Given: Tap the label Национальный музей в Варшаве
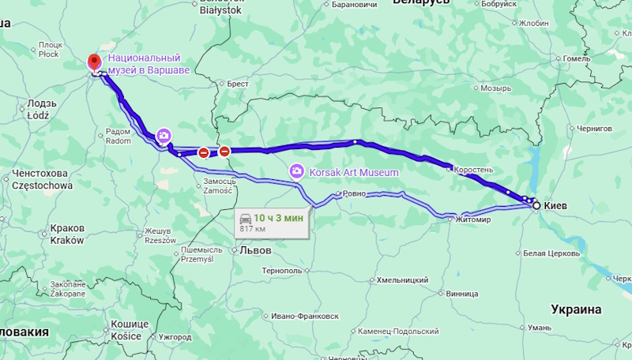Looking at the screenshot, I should coord(149,64).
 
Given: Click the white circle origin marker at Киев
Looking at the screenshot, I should coord(536,205).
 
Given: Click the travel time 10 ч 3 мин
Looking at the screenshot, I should coord(279,218).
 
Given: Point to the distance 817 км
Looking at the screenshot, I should coord(254,229).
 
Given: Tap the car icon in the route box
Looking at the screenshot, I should coord(246,218).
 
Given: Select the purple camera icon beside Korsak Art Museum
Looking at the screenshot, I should coord(297,171).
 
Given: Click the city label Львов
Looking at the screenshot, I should coord(254,250).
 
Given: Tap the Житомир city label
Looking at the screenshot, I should coord(473,220).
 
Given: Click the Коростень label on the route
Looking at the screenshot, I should coord(475,170).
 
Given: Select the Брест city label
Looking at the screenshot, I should coord(238,83).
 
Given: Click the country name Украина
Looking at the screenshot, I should coord(576,309).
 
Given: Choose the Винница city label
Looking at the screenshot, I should coord(462,294).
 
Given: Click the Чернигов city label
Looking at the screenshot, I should coord(596,128).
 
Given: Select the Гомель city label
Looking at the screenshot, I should coord(577,58).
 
